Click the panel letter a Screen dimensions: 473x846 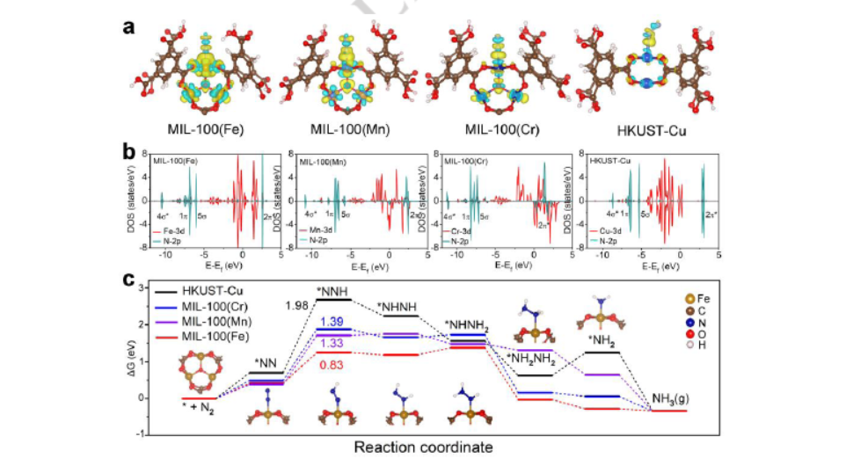click(x=128, y=25)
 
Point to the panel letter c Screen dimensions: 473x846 click(x=128, y=282)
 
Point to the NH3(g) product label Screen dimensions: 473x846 click(x=671, y=401)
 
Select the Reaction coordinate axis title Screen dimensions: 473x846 click(x=423, y=447)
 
